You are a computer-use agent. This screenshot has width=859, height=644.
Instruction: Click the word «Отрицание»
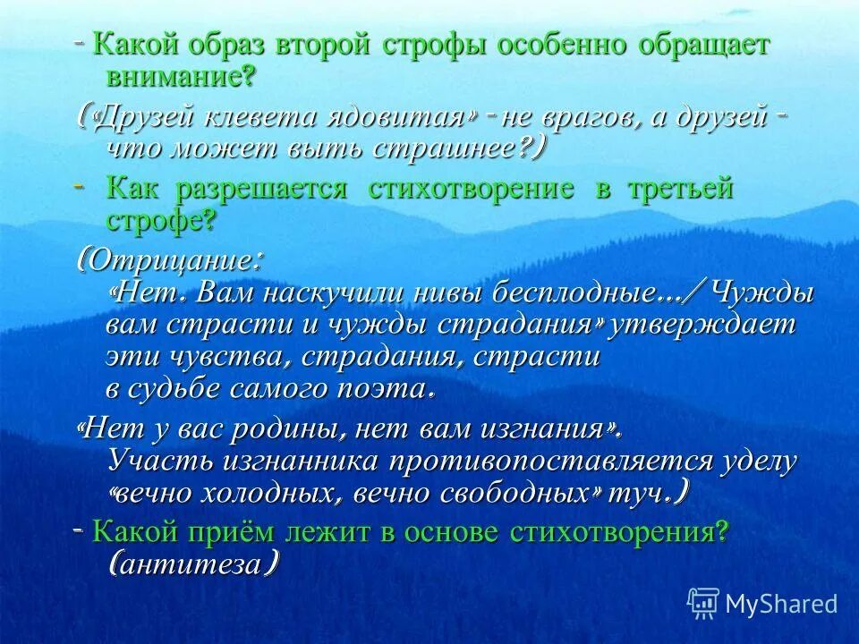coord(172,262)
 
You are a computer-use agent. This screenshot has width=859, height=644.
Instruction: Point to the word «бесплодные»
coord(574,293)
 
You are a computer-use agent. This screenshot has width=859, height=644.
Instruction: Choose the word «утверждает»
coord(702,324)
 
